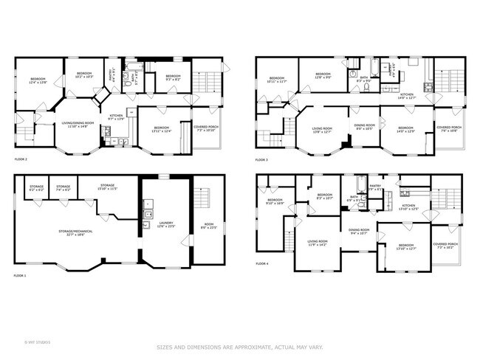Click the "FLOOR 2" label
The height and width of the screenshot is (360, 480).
(21, 159)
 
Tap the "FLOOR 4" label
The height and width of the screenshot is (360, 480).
(261, 263)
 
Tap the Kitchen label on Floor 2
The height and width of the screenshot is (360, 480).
(117, 117)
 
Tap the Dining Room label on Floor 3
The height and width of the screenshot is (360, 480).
(363, 127)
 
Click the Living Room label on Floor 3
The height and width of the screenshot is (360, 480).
(321, 130)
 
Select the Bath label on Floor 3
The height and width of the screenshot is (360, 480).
(364, 78)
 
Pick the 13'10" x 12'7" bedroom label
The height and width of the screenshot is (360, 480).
(405, 247)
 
